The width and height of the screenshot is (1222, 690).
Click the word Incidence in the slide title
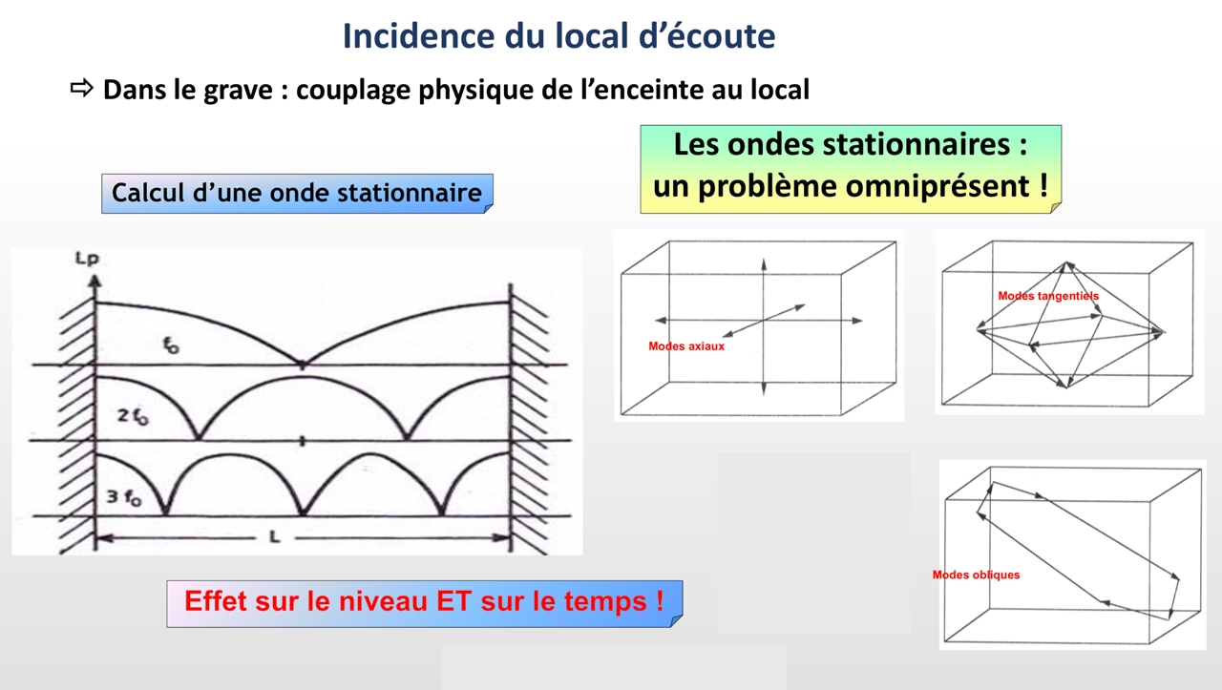pyautogui.click(x=419, y=36)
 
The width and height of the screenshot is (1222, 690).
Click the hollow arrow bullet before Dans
pyautogui.click(x=82, y=88)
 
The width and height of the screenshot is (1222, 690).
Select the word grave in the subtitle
pyautogui.click(x=238, y=91)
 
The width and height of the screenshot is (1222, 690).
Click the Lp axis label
pyautogui.click(x=87, y=258)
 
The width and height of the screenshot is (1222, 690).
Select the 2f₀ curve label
pyautogui.click(x=133, y=417)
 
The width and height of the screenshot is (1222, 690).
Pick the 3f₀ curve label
pyautogui.click(x=124, y=497)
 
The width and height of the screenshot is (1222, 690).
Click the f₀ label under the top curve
pyautogui.click(x=171, y=345)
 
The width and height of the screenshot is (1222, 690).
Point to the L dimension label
pyautogui.click(x=275, y=537)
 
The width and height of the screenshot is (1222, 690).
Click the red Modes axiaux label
pyautogui.click(x=686, y=346)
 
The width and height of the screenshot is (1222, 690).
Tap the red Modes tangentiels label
pyautogui.click(x=1048, y=296)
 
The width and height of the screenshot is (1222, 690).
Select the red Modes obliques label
pyautogui.click(x=976, y=575)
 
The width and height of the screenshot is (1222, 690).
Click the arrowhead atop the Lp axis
pyautogui.click(x=95, y=281)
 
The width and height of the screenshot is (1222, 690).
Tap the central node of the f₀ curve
pyautogui.click(x=303, y=365)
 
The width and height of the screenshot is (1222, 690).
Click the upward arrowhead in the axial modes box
pyautogui.click(x=764, y=264)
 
